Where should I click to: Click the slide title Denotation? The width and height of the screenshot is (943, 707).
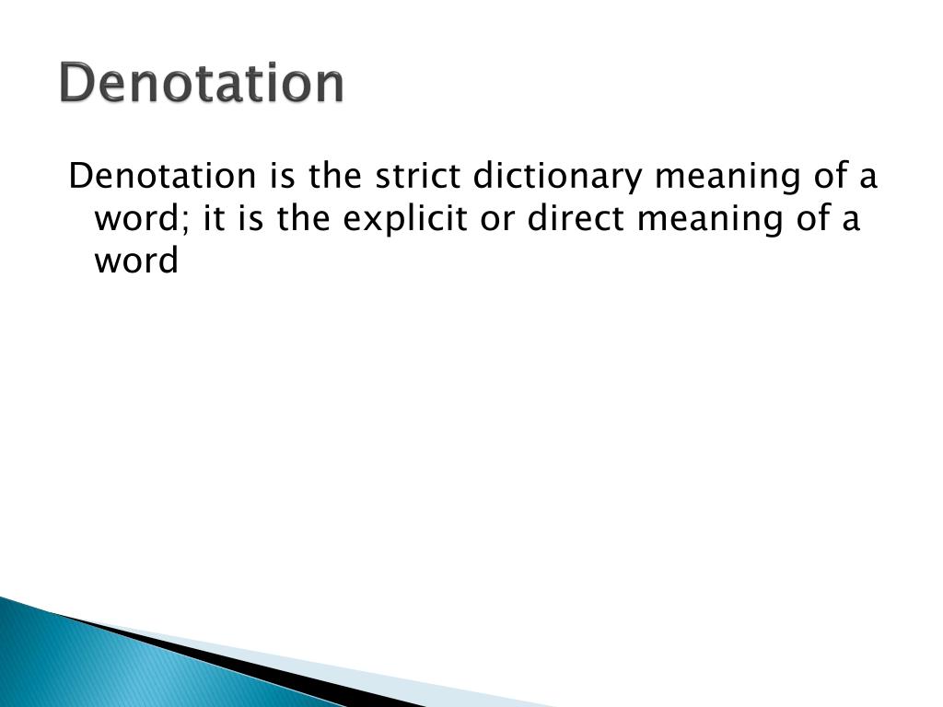202,84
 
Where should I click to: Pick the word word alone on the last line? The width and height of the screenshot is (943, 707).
135,262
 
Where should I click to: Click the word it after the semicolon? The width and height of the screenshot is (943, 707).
212,219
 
